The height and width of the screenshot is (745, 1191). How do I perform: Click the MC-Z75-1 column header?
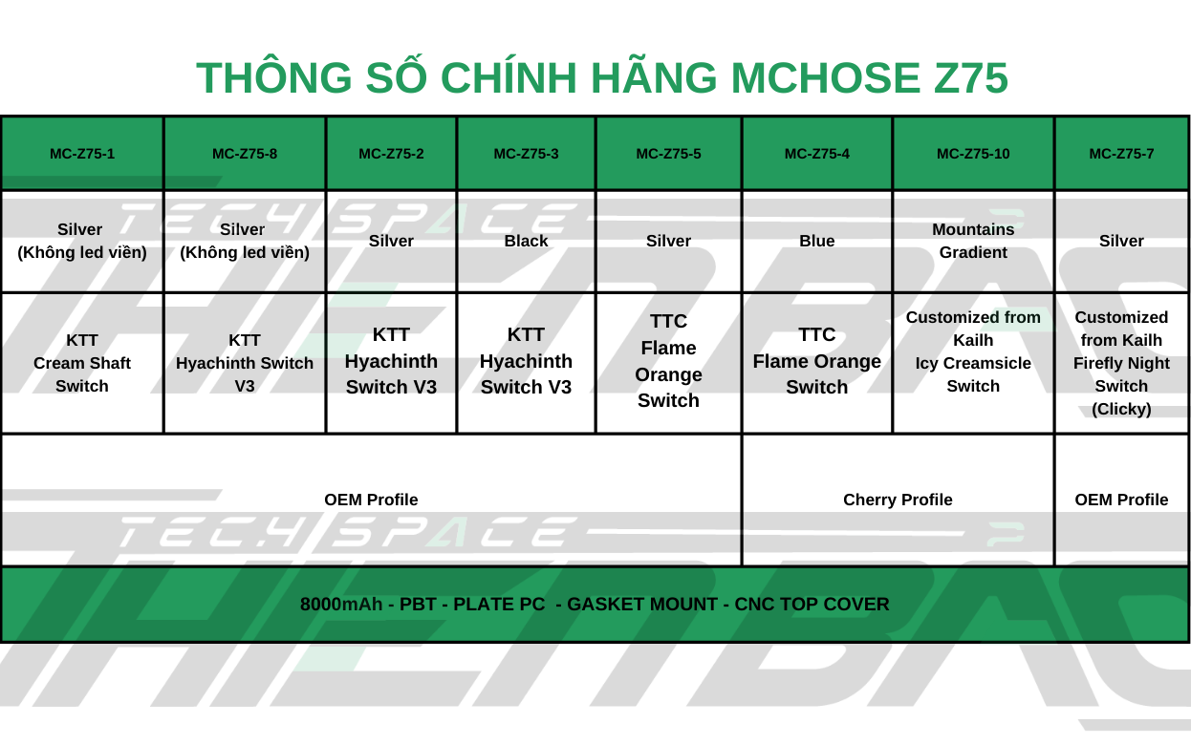[82, 154]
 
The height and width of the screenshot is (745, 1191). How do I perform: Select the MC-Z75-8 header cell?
[245, 154]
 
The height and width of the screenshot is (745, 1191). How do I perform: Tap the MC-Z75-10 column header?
[973, 154]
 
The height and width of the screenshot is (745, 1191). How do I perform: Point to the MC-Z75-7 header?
[1121, 154]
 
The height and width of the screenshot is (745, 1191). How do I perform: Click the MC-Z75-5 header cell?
[668, 154]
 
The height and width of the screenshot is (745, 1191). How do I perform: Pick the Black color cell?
[526, 242]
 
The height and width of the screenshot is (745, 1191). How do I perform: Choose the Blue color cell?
[816, 242]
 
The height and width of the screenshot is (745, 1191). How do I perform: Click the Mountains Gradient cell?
[973, 242]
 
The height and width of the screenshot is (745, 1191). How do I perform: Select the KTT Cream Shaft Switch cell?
[82, 363]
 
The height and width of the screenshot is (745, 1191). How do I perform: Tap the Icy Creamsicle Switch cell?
[973, 363]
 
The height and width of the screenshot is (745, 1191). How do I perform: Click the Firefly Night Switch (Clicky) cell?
[1121, 363]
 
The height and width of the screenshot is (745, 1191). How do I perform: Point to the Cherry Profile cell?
[898, 500]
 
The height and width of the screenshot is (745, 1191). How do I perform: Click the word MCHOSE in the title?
[825, 77]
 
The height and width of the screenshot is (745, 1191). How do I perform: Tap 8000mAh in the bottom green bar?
[341, 605]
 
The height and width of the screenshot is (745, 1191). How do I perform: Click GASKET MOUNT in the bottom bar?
[642, 605]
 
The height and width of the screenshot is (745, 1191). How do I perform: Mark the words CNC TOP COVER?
[812, 605]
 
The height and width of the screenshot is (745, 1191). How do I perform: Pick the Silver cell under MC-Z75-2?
[391, 242]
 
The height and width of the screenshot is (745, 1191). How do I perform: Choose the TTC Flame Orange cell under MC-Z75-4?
[816, 361]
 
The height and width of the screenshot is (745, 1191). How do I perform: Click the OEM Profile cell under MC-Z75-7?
[1121, 500]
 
